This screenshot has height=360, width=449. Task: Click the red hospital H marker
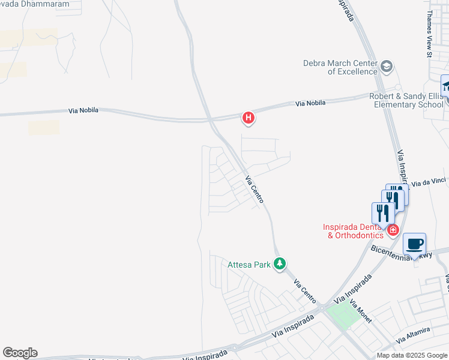tap(248, 118)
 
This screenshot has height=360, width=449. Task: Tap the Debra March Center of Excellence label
tap(340, 67)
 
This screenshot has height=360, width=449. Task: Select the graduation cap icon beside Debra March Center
tap(387, 66)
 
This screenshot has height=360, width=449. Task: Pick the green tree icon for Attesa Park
tap(279, 263)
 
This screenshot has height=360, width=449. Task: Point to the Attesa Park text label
tap(250, 264)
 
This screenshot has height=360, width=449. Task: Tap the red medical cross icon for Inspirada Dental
tap(393, 229)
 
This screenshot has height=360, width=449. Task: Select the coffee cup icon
tap(414, 244)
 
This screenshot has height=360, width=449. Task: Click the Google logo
tap(20, 353)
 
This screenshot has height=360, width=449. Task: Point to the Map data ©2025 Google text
tap(411, 355)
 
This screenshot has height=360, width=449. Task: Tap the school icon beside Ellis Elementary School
tap(445, 86)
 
